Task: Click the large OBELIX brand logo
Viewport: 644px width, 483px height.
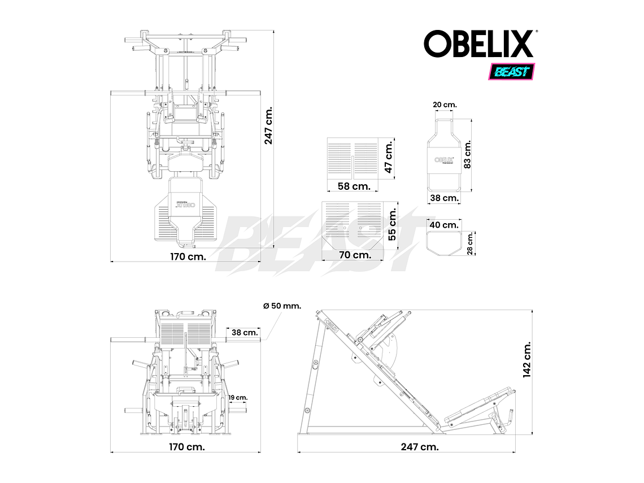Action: (x=478, y=44)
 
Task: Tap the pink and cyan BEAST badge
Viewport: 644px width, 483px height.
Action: (x=511, y=72)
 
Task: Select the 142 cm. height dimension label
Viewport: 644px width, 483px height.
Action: (x=527, y=359)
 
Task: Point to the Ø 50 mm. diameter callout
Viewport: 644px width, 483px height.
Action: (x=282, y=306)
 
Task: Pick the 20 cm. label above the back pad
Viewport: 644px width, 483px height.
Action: (x=445, y=105)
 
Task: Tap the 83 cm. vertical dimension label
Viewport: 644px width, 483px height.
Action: (x=467, y=155)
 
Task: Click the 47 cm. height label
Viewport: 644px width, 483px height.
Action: (x=388, y=158)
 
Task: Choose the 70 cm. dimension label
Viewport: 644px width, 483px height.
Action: (x=354, y=255)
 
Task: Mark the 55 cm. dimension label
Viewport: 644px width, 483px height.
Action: (x=393, y=224)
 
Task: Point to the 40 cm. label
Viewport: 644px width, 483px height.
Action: (x=443, y=225)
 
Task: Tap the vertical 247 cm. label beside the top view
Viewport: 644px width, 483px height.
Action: (x=269, y=125)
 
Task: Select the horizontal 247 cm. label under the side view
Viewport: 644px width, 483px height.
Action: (x=420, y=447)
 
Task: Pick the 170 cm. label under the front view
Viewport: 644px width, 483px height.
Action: (x=188, y=447)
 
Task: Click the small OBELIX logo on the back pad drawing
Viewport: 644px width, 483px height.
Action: (x=445, y=159)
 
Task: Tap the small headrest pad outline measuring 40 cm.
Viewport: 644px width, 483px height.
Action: (x=443, y=243)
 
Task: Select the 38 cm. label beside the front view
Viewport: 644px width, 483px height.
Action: (x=245, y=333)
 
